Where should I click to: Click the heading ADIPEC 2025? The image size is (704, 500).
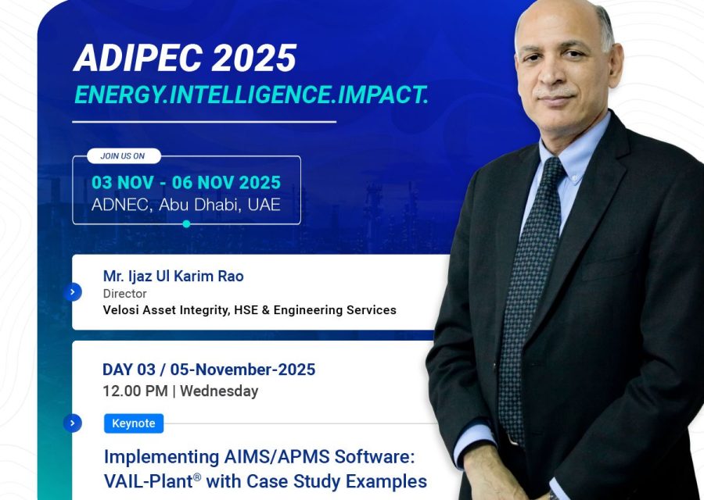(185, 59)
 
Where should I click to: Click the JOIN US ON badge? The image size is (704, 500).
(123, 155)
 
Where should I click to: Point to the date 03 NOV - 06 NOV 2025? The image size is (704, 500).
(185, 183)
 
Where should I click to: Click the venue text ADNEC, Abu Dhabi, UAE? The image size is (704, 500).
(185, 205)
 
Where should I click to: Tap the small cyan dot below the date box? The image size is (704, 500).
(186, 224)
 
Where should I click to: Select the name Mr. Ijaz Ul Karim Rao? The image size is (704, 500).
(173, 276)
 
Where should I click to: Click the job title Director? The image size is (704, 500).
(124, 294)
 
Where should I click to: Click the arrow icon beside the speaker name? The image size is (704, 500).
(73, 292)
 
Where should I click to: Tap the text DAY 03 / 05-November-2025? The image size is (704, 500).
(209, 370)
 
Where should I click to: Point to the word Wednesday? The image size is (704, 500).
(219, 391)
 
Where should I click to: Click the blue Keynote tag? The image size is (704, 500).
(133, 423)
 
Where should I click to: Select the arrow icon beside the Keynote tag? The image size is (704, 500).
(73, 423)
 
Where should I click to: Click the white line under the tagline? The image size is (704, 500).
(203, 122)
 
